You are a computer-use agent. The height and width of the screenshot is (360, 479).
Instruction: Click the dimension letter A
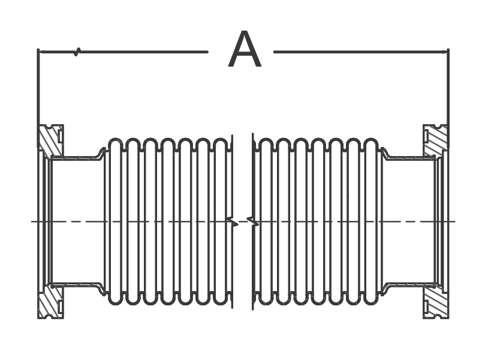point(245,52)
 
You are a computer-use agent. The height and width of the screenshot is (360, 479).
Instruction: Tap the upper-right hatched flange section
point(436,140)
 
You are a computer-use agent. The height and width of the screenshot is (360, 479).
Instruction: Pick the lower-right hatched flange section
point(436,302)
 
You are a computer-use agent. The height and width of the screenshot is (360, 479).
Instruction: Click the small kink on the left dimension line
point(77,52)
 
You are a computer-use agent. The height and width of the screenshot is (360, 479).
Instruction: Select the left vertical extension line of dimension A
point(38,90)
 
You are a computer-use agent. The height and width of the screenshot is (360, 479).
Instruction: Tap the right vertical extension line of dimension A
point(448,90)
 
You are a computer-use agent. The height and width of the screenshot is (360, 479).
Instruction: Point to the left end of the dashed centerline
point(33,221)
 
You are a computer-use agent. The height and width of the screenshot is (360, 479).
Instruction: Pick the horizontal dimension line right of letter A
point(360,52)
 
